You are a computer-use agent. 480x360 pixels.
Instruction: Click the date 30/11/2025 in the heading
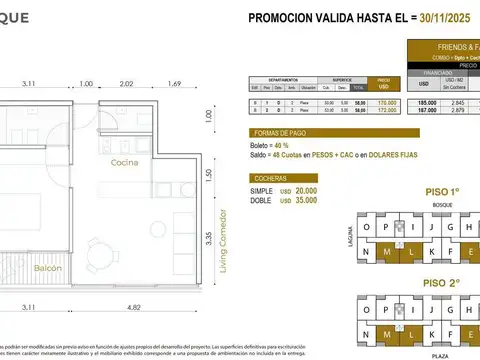(x=434, y=17)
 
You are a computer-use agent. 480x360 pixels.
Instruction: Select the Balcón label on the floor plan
(x=46, y=269)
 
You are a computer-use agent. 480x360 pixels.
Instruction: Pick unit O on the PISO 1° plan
(x=371, y=227)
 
